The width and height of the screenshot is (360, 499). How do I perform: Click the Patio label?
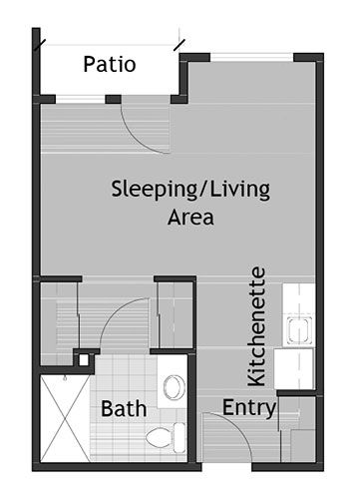coord(110,66)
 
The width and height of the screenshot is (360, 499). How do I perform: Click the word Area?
coord(189,216)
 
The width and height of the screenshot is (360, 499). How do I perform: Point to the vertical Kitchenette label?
coord(257,325)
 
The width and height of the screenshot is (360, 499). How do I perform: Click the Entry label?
coord(249,407)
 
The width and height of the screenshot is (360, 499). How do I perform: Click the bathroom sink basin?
coord(175,385)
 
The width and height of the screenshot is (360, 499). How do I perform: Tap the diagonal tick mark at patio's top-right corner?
coord(180,45)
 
